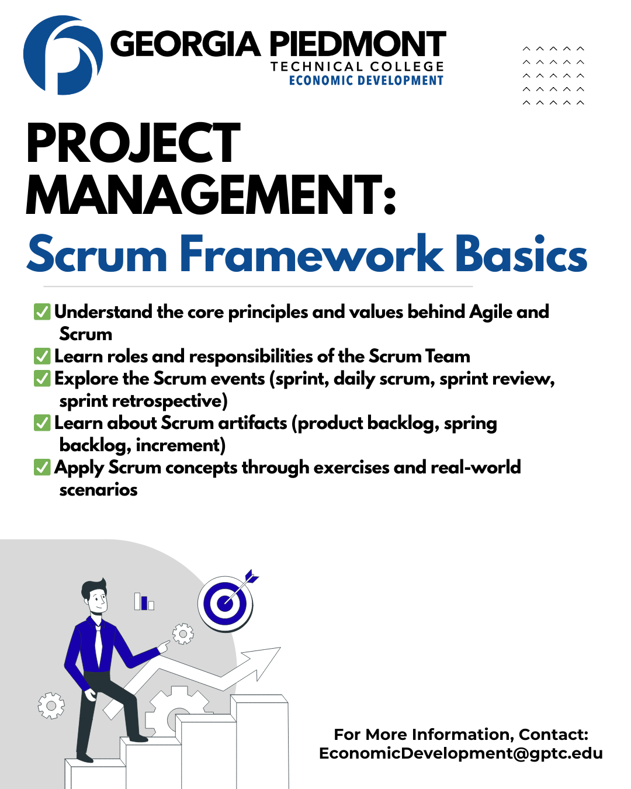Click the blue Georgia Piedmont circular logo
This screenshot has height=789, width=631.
pos(63,55)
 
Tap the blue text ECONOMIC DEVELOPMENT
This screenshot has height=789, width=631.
pos(366,80)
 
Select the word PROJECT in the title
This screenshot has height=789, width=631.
pos(133,143)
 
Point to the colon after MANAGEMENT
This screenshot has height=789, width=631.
pos(390,200)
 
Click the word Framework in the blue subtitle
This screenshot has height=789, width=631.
pos(311,254)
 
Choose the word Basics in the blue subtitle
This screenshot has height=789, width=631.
pos(521,254)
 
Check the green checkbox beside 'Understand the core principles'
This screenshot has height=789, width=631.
pos(42,312)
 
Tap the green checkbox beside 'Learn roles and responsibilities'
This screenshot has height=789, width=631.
pos(42,357)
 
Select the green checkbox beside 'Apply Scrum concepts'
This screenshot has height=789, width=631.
pos(42,468)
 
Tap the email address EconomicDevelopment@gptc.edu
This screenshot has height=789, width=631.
pos(461,753)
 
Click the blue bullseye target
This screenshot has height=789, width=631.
pos(225,604)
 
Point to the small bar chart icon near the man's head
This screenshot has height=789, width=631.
pos(144,601)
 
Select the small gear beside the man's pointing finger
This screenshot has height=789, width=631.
pos(183,634)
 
